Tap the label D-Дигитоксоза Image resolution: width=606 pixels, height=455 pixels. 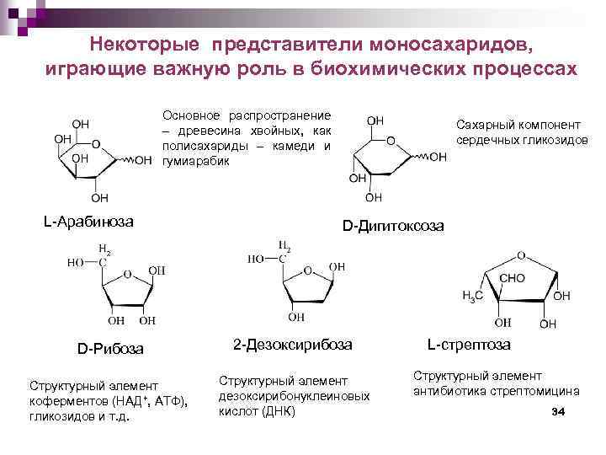[x=394, y=227]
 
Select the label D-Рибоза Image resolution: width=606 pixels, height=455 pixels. [x=110, y=348]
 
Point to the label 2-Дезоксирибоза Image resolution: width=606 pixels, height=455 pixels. [x=292, y=345]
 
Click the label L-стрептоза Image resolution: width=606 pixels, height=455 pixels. [x=469, y=345]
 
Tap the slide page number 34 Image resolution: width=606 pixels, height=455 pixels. [x=556, y=411]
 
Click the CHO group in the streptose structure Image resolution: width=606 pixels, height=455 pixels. [x=513, y=277]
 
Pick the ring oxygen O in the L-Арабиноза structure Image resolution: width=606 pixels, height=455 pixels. [x=96, y=145]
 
